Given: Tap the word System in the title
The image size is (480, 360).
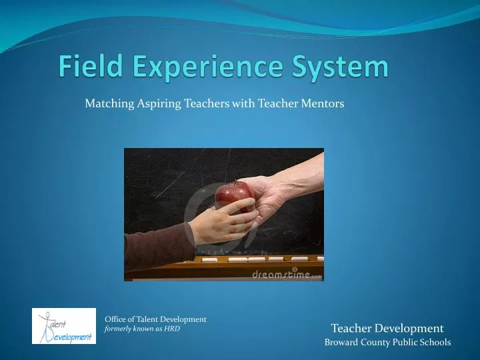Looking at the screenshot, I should [340, 67].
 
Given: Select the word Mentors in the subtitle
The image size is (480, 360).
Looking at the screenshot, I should [324, 103].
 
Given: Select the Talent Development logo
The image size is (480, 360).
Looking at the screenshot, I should [64, 326].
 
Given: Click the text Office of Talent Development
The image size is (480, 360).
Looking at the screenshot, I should [155, 319].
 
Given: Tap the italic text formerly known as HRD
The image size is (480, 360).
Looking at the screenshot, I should [142, 329].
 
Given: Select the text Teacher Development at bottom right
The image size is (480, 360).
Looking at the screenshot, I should [387, 328].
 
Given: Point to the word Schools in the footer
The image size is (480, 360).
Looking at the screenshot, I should [435, 343].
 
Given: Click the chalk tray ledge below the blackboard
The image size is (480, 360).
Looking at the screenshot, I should [267, 261].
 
